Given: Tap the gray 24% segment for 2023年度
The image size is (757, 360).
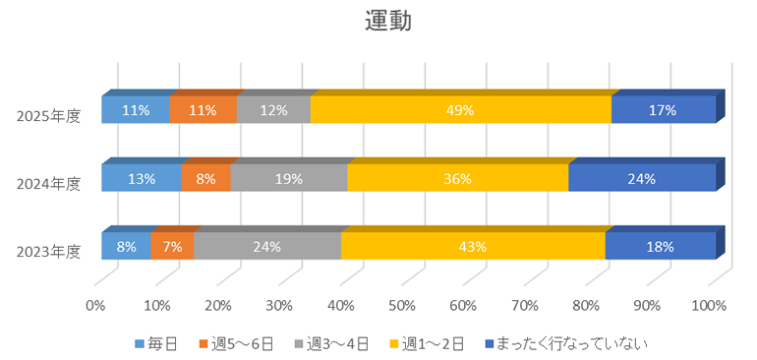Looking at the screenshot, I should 266,246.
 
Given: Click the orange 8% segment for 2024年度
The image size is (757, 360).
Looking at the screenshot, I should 205,178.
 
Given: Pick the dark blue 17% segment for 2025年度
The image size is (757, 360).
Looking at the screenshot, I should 663,110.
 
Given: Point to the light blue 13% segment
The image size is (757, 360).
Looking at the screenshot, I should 141,178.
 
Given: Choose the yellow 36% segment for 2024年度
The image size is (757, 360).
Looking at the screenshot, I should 457,178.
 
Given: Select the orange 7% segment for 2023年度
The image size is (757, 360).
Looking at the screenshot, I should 172,246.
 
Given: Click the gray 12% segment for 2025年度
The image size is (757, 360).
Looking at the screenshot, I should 273,110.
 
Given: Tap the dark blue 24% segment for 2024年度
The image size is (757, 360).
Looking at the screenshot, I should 642,178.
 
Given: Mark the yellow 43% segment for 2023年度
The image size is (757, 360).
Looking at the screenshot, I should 473,246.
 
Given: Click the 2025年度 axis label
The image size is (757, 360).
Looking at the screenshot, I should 49,115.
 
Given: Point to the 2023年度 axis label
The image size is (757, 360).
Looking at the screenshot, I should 49,251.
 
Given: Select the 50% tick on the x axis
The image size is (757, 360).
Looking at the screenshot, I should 402,305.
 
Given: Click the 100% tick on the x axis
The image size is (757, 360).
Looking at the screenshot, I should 709,305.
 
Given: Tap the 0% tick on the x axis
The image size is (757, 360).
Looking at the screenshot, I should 95,305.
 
